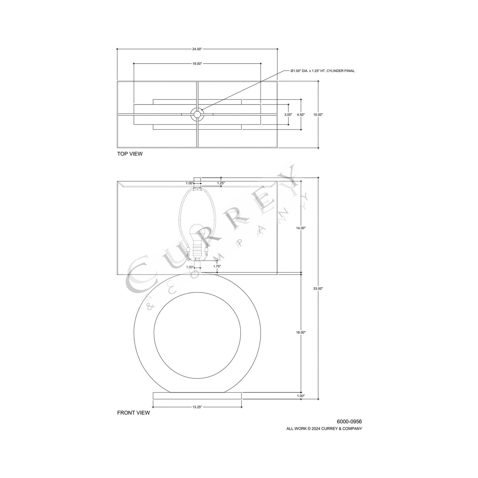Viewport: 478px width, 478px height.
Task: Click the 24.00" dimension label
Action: (x=197, y=49)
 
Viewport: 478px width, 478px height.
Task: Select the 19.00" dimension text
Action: (x=197, y=64)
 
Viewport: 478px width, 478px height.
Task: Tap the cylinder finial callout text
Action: (x=322, y=71)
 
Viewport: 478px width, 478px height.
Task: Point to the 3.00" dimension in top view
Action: (x=288, y=114)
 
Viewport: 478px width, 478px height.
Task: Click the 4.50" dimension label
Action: (x=300, y=114)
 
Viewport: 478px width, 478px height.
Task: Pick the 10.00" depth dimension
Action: (x=318, y=114)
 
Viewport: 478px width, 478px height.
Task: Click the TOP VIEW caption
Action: (x=130, y=154)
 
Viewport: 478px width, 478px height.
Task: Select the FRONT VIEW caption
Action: (x=133, y=413)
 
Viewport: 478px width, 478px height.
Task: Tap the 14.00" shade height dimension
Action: (x=301, y=228)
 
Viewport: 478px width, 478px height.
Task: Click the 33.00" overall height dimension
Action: (x=318, y=288)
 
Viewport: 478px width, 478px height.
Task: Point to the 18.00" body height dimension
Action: (x=301, y=332)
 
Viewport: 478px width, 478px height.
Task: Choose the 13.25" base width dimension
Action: (x=197, y=407)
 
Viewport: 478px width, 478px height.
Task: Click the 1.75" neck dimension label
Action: (x=217, y=266)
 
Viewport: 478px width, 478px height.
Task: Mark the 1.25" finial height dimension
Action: (x=221, y=183)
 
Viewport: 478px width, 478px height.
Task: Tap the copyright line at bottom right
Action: (x=324, y=428)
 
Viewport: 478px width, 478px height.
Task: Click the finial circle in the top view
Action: (x=197, y=114)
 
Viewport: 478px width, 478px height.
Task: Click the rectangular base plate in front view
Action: (x=197, y=396)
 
